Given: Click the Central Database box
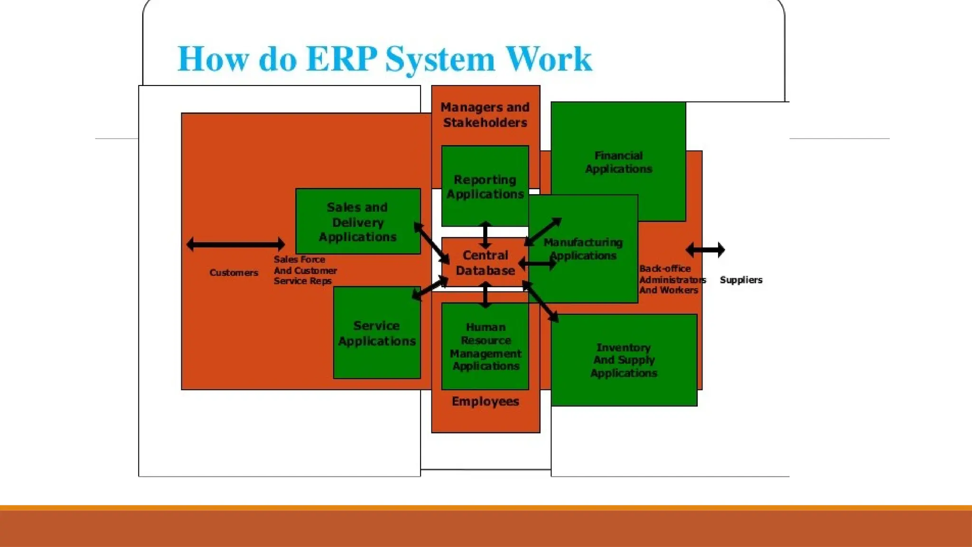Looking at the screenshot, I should (x=485, y=263).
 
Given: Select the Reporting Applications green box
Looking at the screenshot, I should (x=485, y=186).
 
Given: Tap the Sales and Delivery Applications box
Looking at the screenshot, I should (x=358, y=221).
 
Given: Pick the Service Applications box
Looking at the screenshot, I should (x=377, y=333).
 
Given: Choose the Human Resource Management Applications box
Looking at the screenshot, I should (x=485, y=346).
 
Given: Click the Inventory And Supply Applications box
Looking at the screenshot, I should (x=624, y=360).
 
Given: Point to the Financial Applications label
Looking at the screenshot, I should (x=618, y=162).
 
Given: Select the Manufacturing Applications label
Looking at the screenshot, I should (x=583, y=249).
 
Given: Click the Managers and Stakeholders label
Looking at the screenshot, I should (x=485, y=115).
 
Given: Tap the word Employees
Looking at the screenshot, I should (x=485, y=401).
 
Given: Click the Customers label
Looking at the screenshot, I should (x=234, y=273).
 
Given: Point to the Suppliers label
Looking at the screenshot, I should (x=741, y=280).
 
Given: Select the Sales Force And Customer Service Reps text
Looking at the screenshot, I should (x=305, y=270).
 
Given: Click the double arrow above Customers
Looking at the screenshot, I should (x=236, y=245).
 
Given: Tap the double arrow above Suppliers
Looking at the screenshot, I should (x=705, y=250).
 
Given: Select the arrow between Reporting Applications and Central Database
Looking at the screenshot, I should (x=485, y=235).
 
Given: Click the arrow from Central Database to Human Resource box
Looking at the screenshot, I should (x=485, y=294).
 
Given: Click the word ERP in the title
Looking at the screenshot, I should (x=342, y=59).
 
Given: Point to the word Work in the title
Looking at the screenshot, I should (x=549, y=59).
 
